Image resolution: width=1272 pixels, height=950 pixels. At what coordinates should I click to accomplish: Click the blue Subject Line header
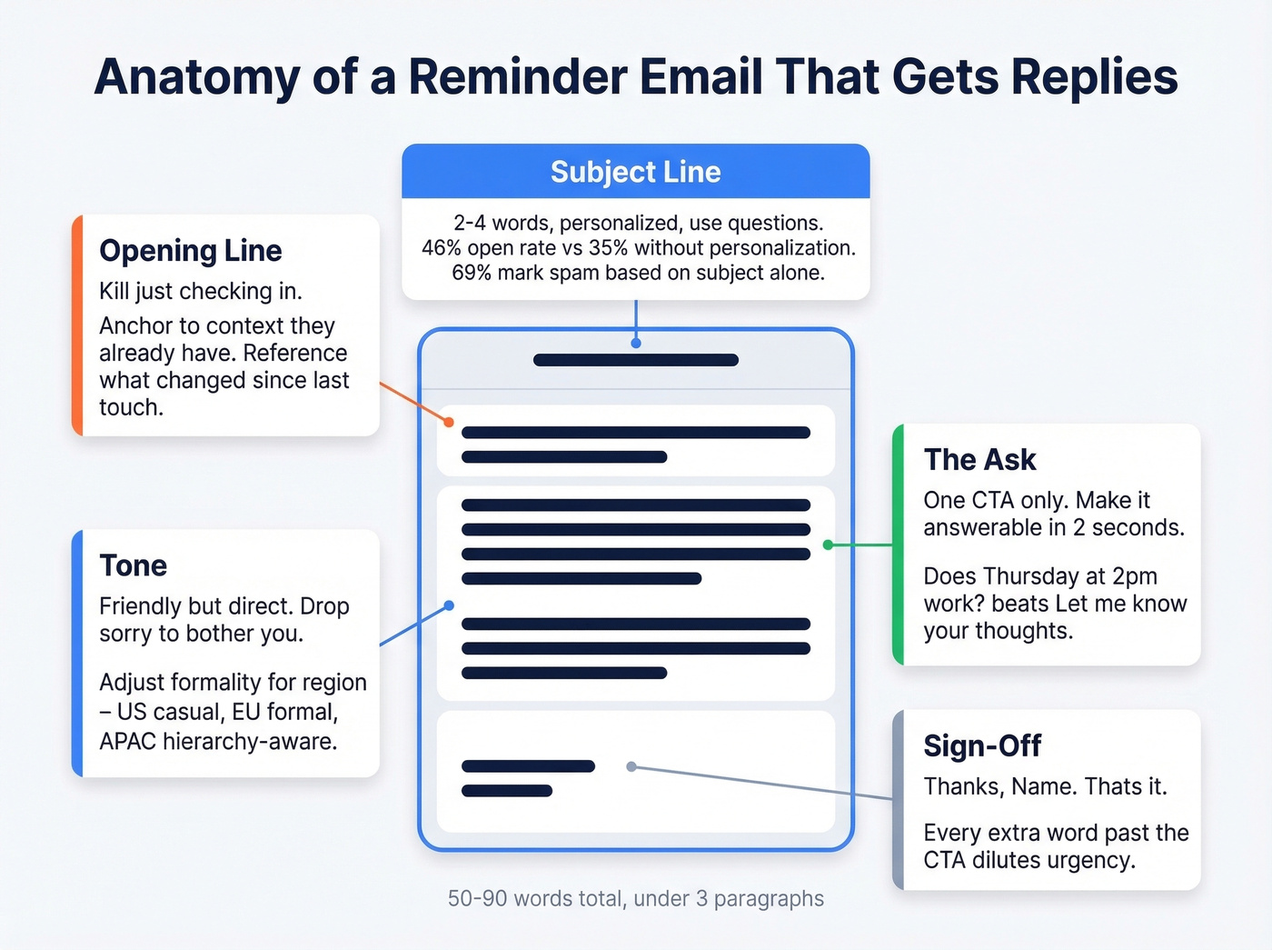point(635,172)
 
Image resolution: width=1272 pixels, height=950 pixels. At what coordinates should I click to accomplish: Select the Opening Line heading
point(191,251)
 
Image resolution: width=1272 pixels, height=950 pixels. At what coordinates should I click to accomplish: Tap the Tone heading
point(134,565)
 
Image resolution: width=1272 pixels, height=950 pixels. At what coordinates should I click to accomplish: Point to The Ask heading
point(979,460)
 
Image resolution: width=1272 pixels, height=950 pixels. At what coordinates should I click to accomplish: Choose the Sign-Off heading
point(982,746)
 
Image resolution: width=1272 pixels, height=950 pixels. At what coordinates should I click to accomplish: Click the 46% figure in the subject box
point(441,248)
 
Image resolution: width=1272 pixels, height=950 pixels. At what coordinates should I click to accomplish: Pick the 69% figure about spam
point(471,273)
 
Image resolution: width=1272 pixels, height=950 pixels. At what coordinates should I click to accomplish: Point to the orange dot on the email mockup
point(449,422)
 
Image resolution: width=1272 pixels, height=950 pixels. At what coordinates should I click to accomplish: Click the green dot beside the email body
point(828,545)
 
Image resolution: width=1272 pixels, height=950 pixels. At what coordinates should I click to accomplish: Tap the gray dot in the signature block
point(631,766)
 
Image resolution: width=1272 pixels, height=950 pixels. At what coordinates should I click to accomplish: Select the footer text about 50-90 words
point(635,899)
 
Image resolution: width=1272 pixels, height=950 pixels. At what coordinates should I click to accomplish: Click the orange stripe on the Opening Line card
point(78,325)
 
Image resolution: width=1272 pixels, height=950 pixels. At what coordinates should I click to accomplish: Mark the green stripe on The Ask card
point(899,545)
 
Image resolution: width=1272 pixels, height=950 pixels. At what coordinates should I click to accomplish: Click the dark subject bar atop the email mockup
point(635,360)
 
